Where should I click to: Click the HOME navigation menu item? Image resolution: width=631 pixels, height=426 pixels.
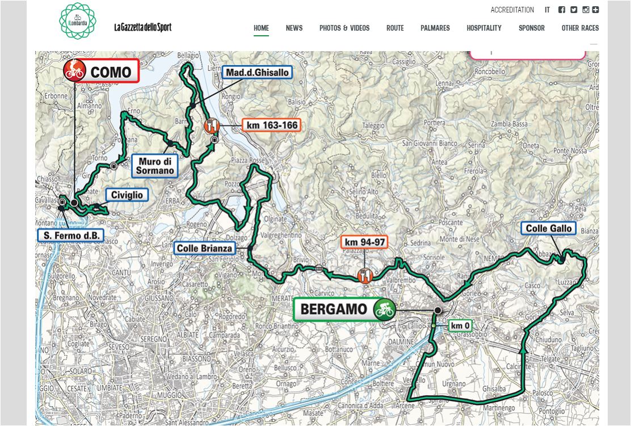[261, 28]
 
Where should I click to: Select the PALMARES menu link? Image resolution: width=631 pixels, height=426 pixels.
[435, 28]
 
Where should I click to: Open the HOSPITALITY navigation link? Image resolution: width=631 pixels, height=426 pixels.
[484, 28]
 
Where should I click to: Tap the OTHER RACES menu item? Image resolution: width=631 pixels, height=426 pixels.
[580, 28]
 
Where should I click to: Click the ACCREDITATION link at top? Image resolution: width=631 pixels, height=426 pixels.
[512, 10]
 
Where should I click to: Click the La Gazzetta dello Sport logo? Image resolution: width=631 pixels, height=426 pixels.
[142, 27]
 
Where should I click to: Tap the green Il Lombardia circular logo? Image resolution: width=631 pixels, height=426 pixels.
[78, 21]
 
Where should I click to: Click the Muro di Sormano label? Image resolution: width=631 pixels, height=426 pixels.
[155, 166]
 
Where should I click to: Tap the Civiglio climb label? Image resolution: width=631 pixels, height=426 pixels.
[127, 195]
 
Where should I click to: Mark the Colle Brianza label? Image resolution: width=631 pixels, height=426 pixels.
[205, 248]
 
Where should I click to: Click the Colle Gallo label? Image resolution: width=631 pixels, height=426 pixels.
[549, 229]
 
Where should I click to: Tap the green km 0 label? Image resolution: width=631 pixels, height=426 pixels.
[460, 325]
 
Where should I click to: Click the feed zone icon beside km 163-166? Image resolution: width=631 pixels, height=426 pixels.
[211, 125]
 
